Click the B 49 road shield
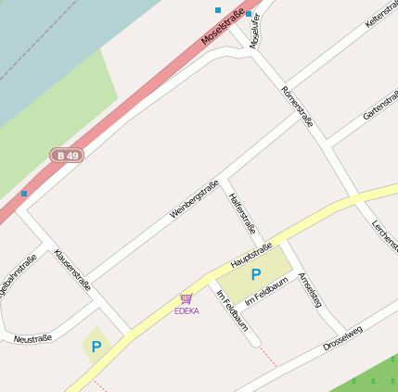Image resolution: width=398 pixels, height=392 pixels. [x=67, y=156]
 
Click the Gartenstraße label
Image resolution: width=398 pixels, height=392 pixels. [x=379, y=101]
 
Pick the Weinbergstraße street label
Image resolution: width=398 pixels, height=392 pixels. [x=194, y=199]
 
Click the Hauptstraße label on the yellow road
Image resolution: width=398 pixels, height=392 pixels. [x=250, y=256]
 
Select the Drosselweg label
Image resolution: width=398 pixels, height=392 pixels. [x=342, y=338]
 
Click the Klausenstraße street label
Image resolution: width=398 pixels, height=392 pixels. [x=72, y=270]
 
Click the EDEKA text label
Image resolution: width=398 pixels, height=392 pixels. [x=186, y=310]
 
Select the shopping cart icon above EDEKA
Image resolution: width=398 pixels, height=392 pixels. [x=186, y=298]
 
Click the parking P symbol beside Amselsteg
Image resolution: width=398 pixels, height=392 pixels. [x=256, y=275]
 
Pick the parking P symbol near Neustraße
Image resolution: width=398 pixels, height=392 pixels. [x=96, y=347]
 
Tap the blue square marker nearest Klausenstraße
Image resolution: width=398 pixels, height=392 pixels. [x=24, y=193]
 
